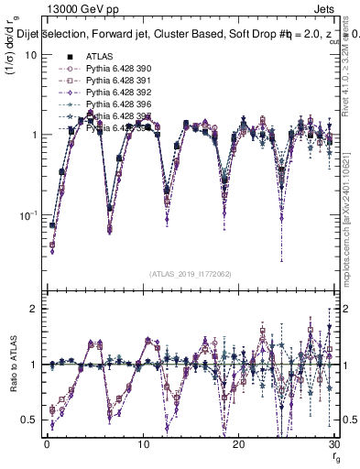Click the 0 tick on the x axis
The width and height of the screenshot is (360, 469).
(x=46, y=444)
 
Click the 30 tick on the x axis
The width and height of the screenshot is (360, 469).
(x=334, y=444)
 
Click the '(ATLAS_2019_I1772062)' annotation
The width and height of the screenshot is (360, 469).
(x=191, y=274)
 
